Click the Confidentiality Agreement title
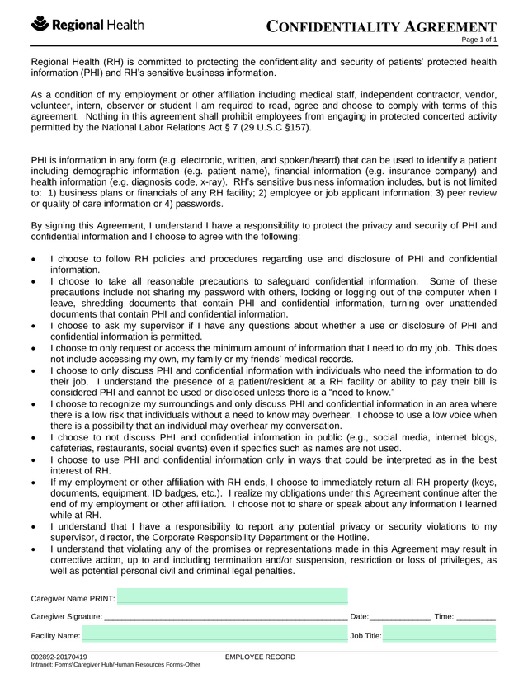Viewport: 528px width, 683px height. pos(383,28)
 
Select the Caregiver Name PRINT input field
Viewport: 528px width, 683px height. pos(232,596)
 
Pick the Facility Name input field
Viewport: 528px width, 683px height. pos(214,635)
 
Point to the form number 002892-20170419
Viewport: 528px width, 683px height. pos(59,657)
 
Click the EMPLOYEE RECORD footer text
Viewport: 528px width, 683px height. pos(260,657)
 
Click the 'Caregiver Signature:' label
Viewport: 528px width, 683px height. pos(67,616)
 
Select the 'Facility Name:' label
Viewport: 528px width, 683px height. pos(55,636)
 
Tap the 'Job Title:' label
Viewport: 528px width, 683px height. pos(365,636)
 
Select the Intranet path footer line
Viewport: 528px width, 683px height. pos(115,665)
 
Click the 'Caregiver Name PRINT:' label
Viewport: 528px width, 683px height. pos(73,597)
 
